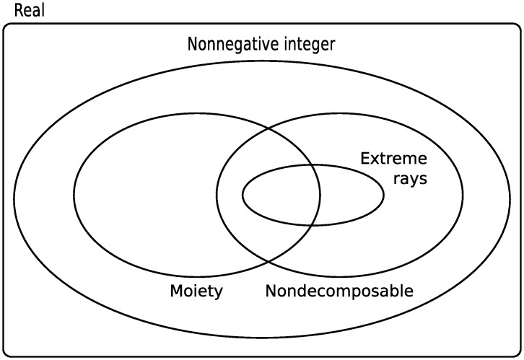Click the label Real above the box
[28, 11]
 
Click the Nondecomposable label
[339, 291]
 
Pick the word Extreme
[393, 158]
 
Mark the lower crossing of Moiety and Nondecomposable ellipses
[268, 261]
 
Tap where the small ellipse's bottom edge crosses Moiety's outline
[316, 224]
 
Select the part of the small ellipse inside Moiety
[281, 195]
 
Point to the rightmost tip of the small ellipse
[383, 195]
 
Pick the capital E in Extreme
[364, 158]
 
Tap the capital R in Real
[18, 11]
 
